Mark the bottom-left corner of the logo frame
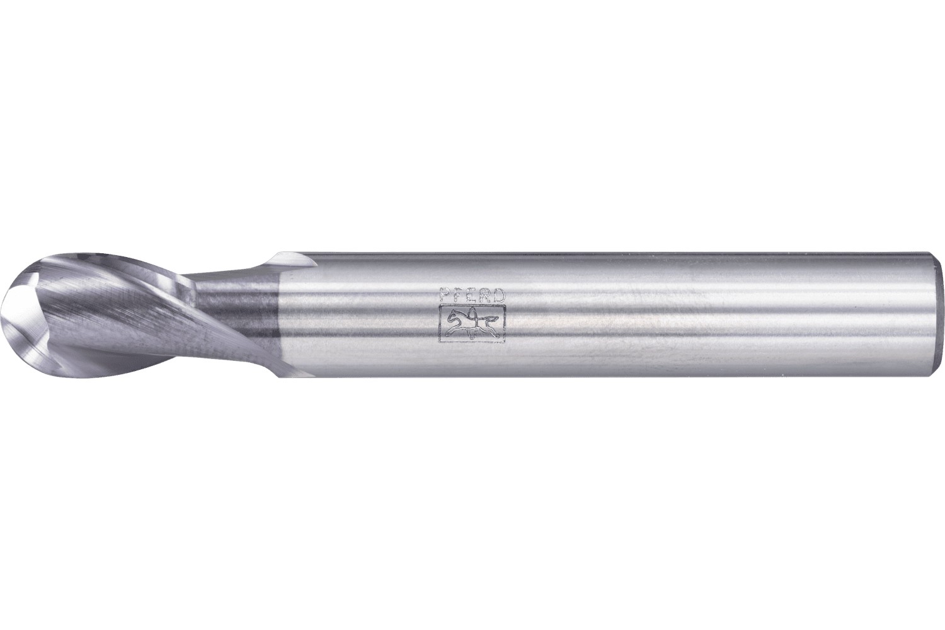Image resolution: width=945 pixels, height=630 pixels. [x=440, y=341]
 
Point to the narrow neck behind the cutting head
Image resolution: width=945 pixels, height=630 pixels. [x=233, y=315]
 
